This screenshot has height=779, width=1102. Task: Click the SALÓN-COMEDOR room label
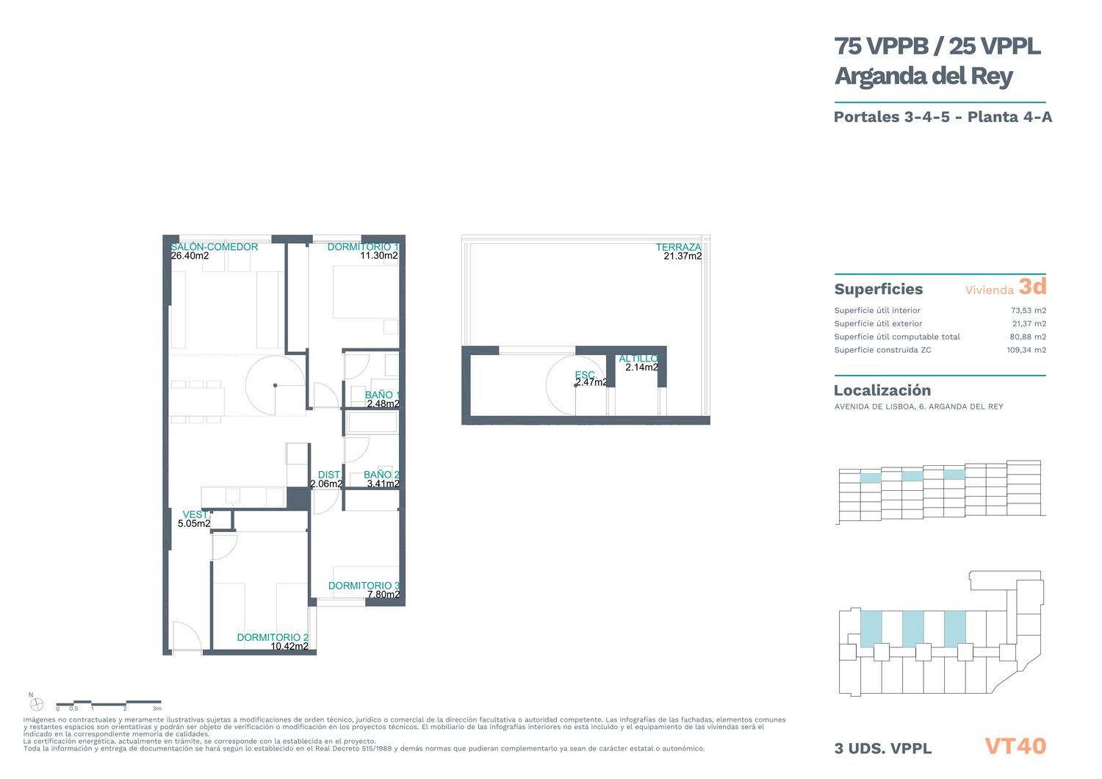tap(214, 247)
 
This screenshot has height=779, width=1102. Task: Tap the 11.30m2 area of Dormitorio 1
tap(379, 256)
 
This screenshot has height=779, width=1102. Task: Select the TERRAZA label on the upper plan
tap(678, 247)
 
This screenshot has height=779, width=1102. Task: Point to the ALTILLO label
tap(638, 359)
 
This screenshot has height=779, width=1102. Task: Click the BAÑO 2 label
tap(381, 475)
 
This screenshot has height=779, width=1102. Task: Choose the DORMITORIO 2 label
tap(273, 638)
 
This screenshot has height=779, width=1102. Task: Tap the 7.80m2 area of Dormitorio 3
tap(383, 595)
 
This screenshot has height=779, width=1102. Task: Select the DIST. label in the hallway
tap(329, 475)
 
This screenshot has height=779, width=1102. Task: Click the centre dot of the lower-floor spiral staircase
tap(275, 385)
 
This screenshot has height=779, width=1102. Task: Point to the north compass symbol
tap(37, 705)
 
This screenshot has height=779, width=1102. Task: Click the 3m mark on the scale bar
tap(157, 708)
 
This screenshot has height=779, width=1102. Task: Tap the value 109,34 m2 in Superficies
tap(1026, 350)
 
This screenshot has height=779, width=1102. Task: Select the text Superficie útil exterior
tap(878, 323)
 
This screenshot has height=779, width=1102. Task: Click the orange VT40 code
tap(1015, 747)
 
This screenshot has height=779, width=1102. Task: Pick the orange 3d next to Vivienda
tap(1032, 287)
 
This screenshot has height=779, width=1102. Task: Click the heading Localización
tap(882, 390)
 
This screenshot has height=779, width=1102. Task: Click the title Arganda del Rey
tap(923, 76)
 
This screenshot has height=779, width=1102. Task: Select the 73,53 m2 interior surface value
tap(1029, 311)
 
